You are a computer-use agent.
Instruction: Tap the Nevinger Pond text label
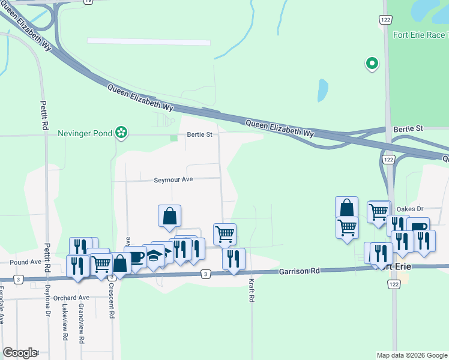(x=85, y=133)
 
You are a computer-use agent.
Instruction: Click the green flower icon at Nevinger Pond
(x=121, y=132)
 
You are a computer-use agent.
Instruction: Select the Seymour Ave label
(x=173, y=180)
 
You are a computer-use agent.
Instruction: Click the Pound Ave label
(x=25, y=262)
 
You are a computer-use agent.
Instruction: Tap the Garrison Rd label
(x=298, y=272)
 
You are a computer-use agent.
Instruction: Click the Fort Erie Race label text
(x=419, y=35)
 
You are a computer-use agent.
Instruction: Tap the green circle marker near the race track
(x=372, y=62)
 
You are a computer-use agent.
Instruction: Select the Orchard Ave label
(x=71, y=298)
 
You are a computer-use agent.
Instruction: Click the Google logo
(x=19, y=353)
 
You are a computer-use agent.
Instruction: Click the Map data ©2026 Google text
(x=412, y=355)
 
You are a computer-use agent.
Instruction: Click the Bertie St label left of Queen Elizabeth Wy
(x=200, y=134)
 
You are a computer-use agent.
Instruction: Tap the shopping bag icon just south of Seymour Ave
(x=170, y=215)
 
